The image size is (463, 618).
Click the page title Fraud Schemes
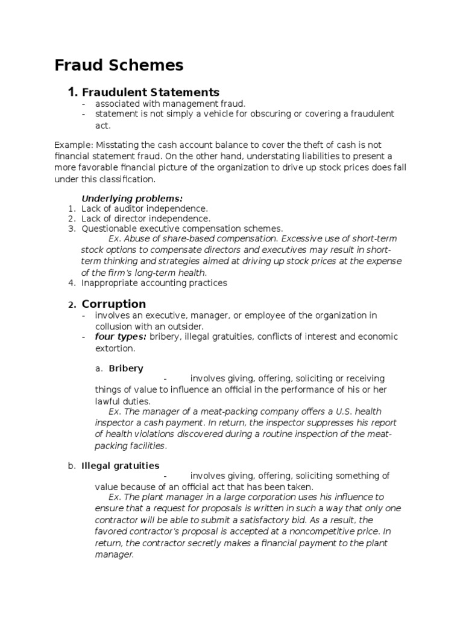(119, 65)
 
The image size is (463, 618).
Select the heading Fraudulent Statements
(150, 92)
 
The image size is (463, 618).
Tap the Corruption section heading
(113, 304)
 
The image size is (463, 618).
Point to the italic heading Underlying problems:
(131, 198)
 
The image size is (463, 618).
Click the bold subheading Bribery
(125, 368)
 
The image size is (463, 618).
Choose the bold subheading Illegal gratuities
(120, 465)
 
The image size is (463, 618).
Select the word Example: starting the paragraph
(73, 145)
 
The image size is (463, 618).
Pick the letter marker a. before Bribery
(99, 368)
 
